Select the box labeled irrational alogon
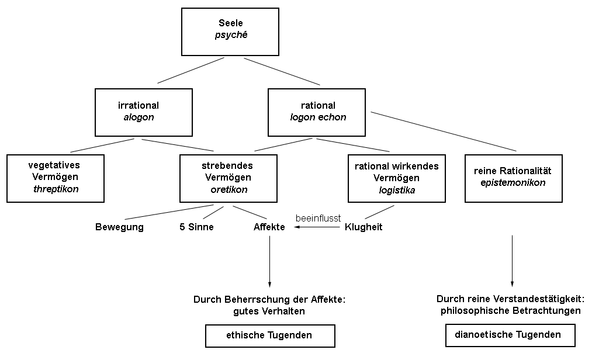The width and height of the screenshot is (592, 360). [x=143, y=112]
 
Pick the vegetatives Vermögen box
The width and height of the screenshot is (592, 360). [x=56, y=178]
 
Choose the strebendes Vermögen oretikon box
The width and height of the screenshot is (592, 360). [x=229, y=178]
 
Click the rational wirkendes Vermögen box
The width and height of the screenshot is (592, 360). [x=396, y=178]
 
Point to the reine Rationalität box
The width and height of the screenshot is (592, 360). [x=513, y=178]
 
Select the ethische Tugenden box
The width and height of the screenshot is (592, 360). [x=269, y=336]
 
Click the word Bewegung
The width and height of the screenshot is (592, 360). [x=119, y=227]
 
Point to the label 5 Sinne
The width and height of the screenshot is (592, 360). [x=196, y=227]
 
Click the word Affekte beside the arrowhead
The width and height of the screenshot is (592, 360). [x=269, y=227]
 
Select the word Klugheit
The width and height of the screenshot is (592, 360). [x=363, y=227]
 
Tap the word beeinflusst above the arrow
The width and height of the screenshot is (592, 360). [x=318, y=218]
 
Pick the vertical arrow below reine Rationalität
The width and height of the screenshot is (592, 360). [x=513, y=260]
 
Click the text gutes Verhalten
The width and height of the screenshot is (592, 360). [x=269, y=311]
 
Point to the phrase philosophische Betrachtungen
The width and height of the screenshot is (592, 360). [x=511, y=310]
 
